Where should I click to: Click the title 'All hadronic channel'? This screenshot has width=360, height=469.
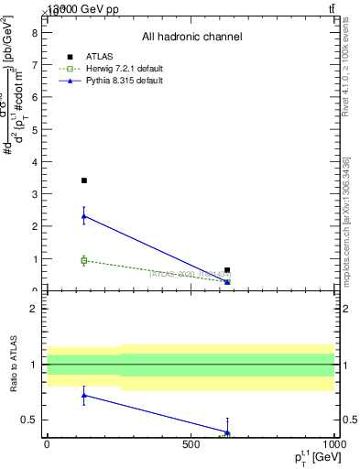[191, 37]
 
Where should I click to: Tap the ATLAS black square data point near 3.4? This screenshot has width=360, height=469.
[84, 180]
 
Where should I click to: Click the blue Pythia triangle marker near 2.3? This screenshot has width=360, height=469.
[84, 216]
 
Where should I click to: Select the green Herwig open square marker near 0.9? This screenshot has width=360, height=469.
[84, 261]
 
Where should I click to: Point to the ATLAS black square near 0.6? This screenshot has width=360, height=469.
[227, 270]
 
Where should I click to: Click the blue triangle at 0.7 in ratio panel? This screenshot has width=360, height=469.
[84, 396]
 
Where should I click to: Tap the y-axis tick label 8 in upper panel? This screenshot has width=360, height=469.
[35, 32]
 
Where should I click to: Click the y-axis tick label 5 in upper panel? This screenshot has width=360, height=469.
[35, 129]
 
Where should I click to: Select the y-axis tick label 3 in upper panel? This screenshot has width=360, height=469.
[35, 194]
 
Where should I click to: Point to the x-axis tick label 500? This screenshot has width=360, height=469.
[191, 444]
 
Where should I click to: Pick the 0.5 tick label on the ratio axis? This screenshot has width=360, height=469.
[30, 420]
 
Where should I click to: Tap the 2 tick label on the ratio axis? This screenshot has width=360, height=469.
[35, 309]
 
